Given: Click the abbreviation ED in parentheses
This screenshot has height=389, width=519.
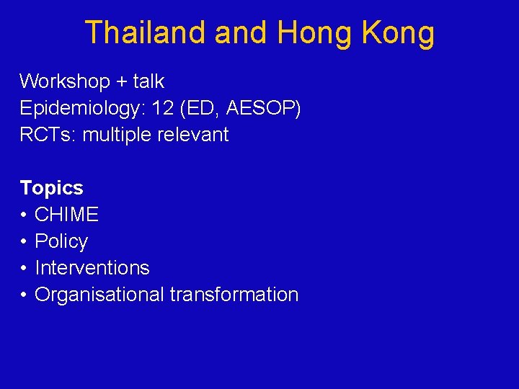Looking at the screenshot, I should [x=203, y=108].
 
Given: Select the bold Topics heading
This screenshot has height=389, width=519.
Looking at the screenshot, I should [x=51, y=188].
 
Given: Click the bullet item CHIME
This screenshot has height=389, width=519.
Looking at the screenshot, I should [x=66, y=215].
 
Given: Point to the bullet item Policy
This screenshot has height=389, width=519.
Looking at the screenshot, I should [x=61, y=241].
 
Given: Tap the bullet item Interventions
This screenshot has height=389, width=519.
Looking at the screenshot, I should [x=92, y=268].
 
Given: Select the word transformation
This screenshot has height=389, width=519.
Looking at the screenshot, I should [x=234, y=295].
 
